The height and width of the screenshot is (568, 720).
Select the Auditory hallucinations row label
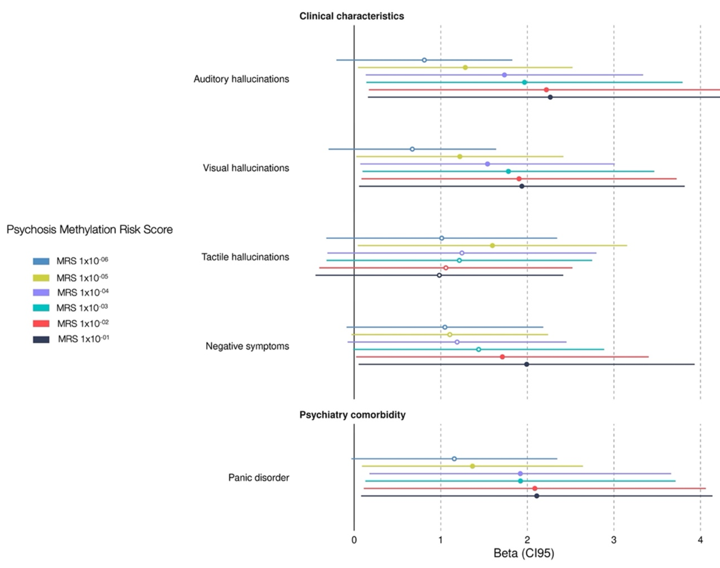pyautogui.click(x=241, y=79)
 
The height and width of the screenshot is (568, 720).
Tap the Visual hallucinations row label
pyautogui.click(x=246, y=168)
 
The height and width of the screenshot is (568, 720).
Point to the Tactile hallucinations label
pyautogui.click(x=245, y=257)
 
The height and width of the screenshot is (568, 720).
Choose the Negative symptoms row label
pyautogui.click(x=247, y=346)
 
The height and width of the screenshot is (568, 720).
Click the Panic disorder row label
pyautogui.click(x=259, y=477)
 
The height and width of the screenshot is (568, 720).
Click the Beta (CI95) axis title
pyautogui.click(x=524, y=553)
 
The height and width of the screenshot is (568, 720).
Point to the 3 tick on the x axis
pyautogui.click(x=614, y=540)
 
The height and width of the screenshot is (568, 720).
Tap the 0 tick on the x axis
pyautogui.click(x=354, y=540)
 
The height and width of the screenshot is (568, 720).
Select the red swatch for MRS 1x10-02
pyautogui.click(x=41, y=323)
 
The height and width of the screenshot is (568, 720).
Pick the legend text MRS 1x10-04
pyautogui.click(x=83, y=292)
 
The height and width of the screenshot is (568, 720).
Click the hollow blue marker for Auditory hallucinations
pyautogui.click(x=424, y=60)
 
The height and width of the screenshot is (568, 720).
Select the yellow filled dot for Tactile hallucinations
pyautogui.click(x=492, y=246)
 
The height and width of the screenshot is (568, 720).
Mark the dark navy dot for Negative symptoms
pyautogui.click(x=527, y=364)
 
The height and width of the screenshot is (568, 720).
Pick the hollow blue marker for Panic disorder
pyautogui.click(x=454, y=459)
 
